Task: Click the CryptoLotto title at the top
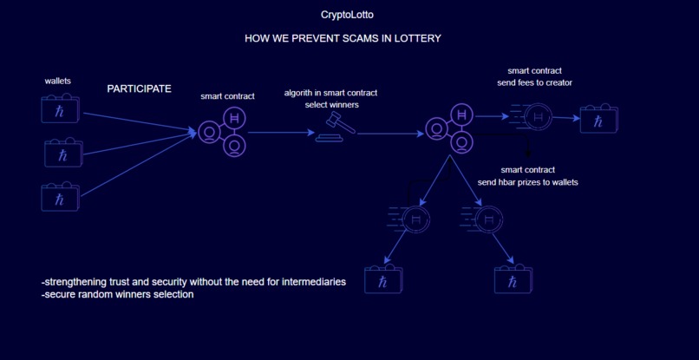pos(347,15)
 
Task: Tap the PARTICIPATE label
pos(139,88)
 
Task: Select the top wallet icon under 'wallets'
pos(61,109)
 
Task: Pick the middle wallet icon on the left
pos(63,153)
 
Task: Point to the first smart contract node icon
pos(224,132)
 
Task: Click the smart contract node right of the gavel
pos(452,128)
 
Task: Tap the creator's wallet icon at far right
pos(598,119)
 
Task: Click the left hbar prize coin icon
pos(416,220)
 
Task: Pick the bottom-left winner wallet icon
pos(382,278)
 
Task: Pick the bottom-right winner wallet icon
pos(513,279)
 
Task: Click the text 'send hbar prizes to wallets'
pos(527,182)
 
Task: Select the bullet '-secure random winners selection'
pos(117,295)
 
